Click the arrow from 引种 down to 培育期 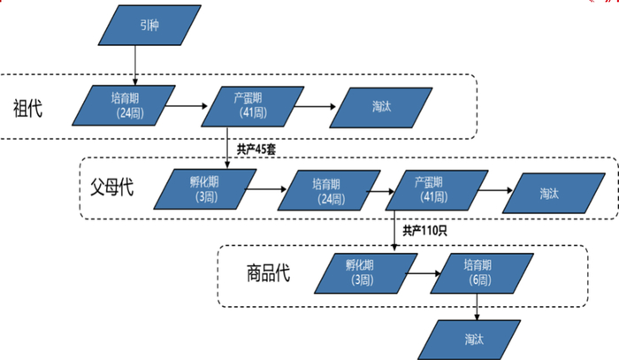[134, 66]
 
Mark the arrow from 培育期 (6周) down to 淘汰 [478, 305]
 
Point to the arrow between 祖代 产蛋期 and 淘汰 [313, 107]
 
